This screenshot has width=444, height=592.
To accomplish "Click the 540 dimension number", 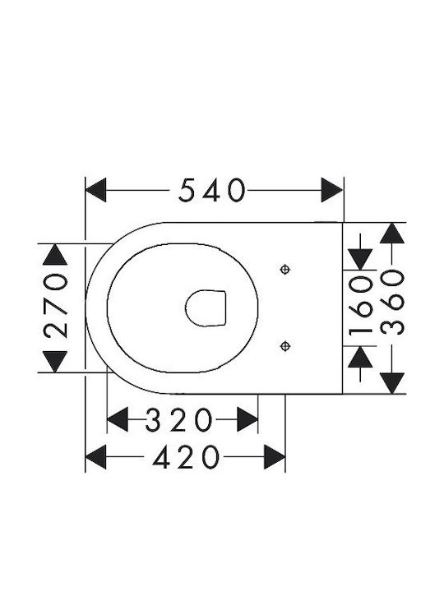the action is [x=212, y=190].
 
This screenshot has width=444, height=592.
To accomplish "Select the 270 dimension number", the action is [x=56, y=305].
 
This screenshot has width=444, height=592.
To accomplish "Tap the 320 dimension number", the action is [x=179, y=419].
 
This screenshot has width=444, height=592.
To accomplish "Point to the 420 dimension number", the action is [x=185, y=457].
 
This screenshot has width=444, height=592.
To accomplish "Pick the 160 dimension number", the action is [x=360, y=306].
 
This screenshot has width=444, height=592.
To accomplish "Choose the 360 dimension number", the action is [x=392, y=302].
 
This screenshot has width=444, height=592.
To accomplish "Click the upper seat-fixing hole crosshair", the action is [x=285, y=270].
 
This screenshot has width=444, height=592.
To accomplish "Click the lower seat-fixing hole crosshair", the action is [x=285, y=346].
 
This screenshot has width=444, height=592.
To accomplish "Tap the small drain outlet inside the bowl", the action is [x=206, y=308].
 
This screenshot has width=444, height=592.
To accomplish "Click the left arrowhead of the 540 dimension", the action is [x=96, y=190].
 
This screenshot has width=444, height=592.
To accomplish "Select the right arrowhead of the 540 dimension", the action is [x=332, y=190].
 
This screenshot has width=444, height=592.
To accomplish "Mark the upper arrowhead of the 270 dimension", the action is [x=55, y=254].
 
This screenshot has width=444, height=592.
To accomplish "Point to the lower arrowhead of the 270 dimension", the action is [x=55, y=361].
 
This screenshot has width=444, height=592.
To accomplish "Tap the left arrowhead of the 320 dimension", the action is [x=118, y=419].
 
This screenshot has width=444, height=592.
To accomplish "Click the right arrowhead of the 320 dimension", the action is [x=247, y=419].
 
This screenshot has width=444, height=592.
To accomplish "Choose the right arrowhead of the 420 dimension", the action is [x=275, y=457].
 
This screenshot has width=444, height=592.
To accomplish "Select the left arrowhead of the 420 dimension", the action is [x=96, y=457].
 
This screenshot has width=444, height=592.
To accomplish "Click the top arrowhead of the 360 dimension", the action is [x=392, y=234].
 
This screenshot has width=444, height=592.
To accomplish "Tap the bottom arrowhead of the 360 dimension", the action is [x=392, y=383].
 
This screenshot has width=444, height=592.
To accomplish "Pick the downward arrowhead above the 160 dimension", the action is [x=360, y=259].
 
